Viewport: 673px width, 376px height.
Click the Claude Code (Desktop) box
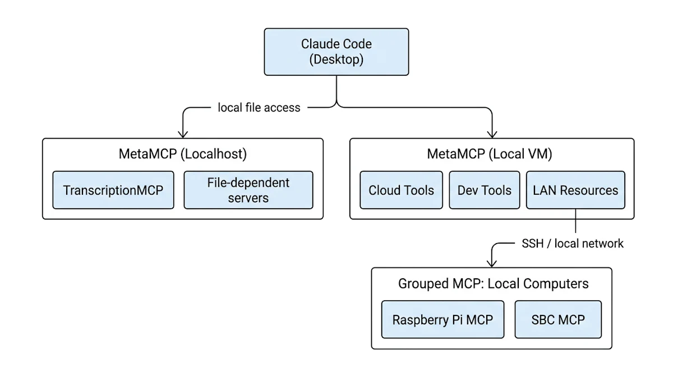[336, 52]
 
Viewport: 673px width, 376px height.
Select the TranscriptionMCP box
[113, 190]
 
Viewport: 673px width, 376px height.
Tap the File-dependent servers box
[248, 190]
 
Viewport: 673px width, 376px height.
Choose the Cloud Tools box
[401, 190]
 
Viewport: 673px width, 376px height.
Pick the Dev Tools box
[484, 190]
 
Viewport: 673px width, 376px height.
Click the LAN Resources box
[575, 190]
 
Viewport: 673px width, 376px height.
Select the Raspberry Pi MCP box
[442, 320]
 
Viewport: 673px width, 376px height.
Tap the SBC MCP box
[557, 320]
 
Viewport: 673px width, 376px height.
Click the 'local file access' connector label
[259, 107]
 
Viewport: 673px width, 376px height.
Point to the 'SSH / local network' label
[573, 244]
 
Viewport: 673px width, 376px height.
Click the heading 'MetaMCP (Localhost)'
[183, 153]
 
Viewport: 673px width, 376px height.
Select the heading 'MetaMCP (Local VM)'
[491, 153]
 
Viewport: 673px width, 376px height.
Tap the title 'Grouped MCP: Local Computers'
[493, 283]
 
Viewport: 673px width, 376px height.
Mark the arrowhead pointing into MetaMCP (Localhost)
[182, 134]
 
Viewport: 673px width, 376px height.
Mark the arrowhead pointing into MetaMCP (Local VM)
[492, 134]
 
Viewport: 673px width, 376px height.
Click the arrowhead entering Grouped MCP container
[492, 263]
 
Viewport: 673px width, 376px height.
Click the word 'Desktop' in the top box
[336, 59]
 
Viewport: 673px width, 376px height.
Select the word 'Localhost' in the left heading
[214, 153]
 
